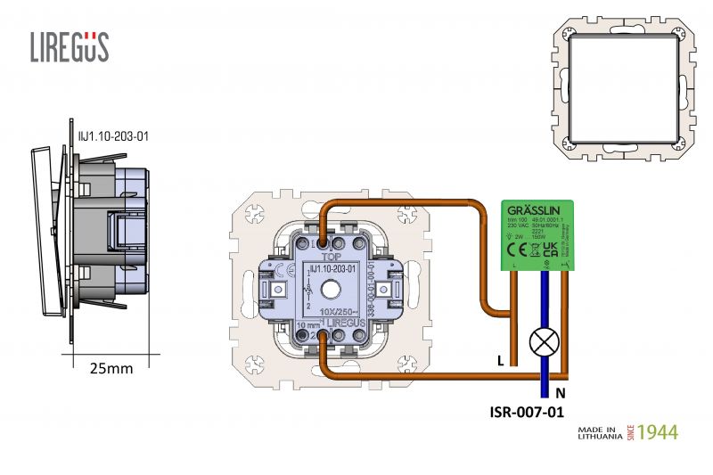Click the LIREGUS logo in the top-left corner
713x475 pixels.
tap(70, 46)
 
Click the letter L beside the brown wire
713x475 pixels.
tap(500, 361)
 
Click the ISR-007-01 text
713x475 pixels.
tap(528, 412)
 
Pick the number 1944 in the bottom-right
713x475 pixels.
tap(658, 432)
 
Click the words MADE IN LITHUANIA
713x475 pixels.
tap(599, 432)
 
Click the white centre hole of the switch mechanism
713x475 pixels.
tap(332, 289)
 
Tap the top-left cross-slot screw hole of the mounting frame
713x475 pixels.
tap(253, 214)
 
